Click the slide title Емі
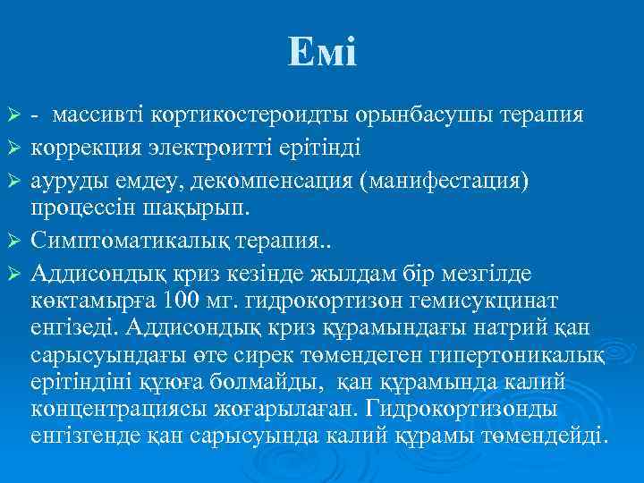[x=322, y=53]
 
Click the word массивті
[x=98, y=116]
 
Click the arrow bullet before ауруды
[x=13, y=182]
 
